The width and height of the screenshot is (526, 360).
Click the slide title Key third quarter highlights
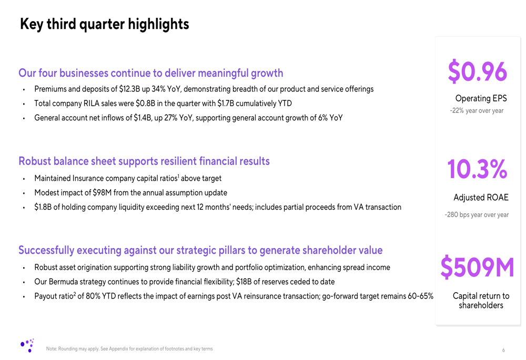pos(104,24)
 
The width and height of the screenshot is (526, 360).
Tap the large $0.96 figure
pos(477,72)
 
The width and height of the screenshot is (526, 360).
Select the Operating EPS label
pos(481,98)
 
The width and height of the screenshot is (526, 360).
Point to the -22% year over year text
pos(477,110)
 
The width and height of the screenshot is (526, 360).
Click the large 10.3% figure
pos(477,169)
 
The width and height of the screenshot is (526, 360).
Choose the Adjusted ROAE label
pos(481,198)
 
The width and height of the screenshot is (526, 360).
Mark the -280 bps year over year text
pos(477,214)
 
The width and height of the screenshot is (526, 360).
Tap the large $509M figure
pos(477,268)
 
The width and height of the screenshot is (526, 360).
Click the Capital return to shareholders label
pos(481,301)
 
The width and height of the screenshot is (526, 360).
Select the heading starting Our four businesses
pos(150,73)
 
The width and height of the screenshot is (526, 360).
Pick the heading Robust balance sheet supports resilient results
pos(144,161)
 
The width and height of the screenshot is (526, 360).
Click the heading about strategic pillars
pos(200,250)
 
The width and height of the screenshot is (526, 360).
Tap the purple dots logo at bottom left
pos(27,345)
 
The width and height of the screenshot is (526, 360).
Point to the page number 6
pos(503,350)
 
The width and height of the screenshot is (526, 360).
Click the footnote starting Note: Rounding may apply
pos(129,349)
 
